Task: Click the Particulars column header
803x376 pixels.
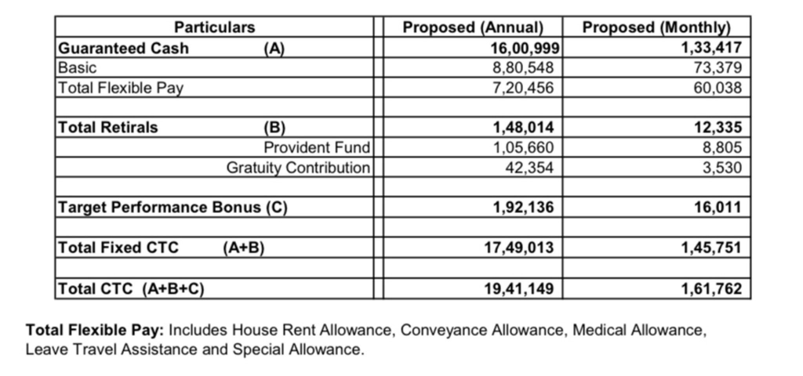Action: (x=214, y=27)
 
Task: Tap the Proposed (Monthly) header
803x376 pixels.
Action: (x=656, y=27)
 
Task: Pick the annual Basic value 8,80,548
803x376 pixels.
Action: (x=523, y=68)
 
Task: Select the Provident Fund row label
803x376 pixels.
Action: (x=316, y=147)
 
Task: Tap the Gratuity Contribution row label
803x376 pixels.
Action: (x=298, y=168)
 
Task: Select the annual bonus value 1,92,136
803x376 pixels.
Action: (x=523, y=208)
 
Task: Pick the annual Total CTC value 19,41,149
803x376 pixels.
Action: (x=519, y=288)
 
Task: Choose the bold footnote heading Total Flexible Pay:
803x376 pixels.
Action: (x=95, y=330)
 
